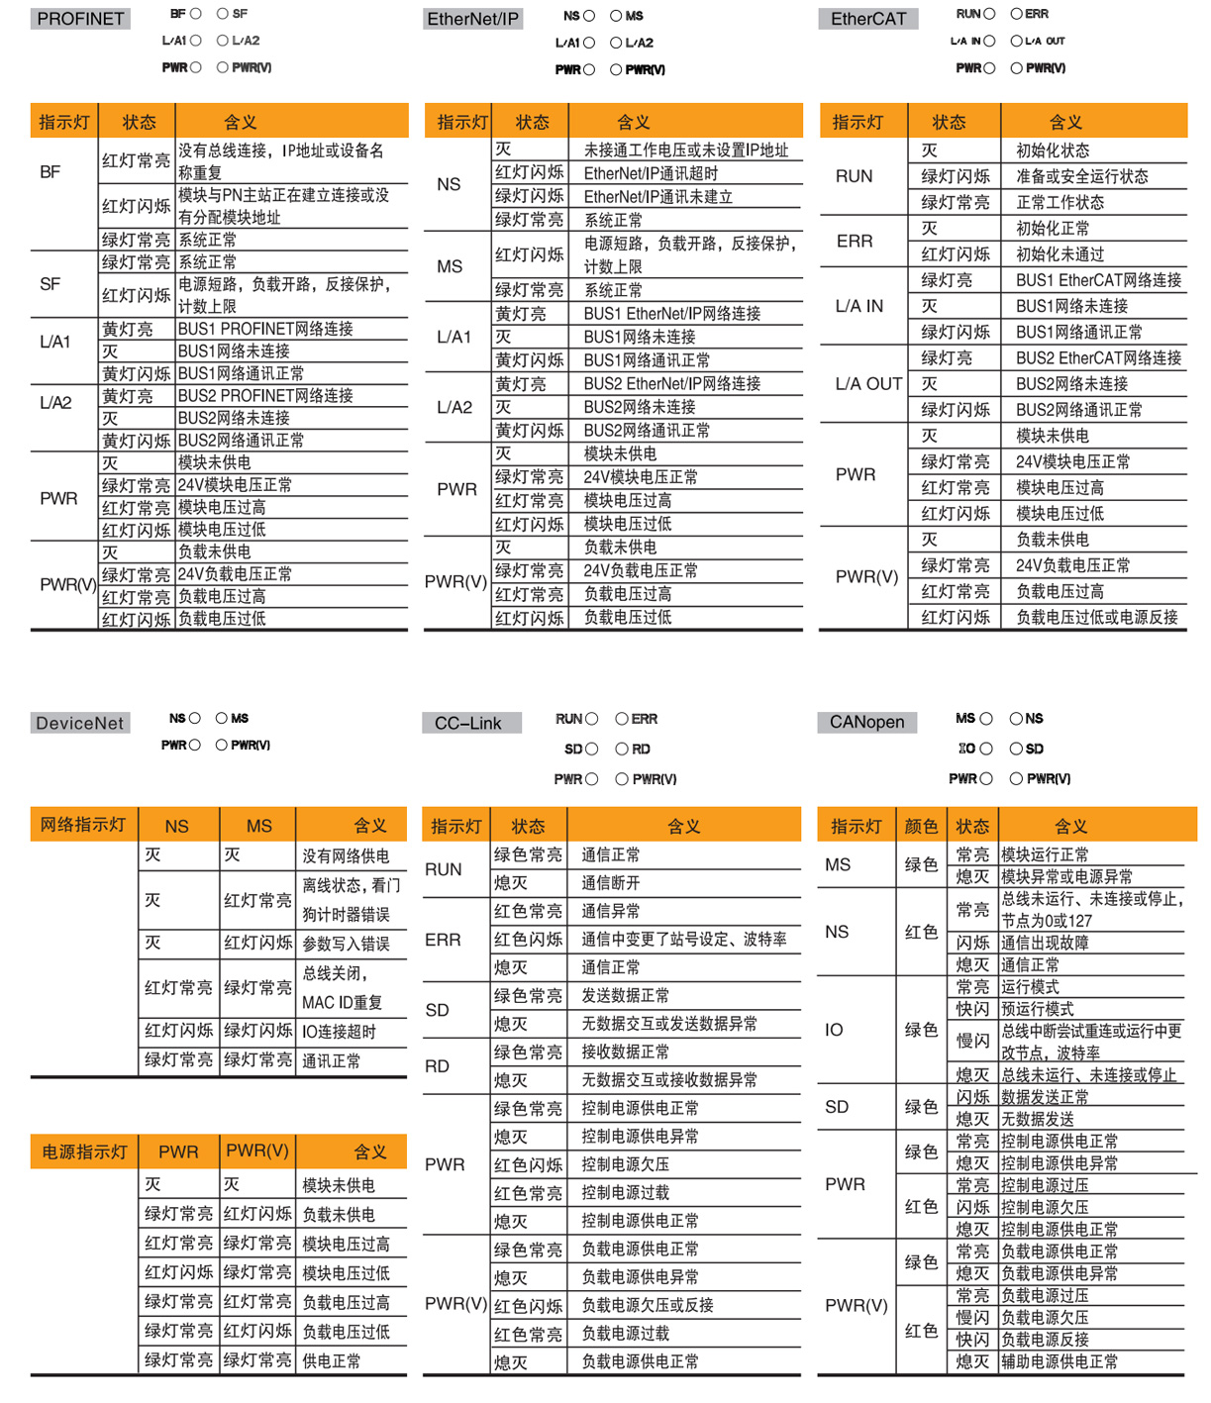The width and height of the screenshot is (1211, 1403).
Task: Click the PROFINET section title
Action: [x=80, y=19]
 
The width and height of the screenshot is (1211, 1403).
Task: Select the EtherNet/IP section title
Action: [x=472, y=19]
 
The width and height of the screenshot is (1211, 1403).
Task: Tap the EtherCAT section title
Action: [x=868, y=19]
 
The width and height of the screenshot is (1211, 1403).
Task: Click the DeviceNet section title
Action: [x=79, y=723]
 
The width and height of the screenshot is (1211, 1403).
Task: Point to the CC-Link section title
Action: [x=468, y=723]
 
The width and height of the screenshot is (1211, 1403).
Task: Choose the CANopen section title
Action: [x=867, y=722]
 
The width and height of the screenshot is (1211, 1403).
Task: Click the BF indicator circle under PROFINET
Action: [x=196, y=14]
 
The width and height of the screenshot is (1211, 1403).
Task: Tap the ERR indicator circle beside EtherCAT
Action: [x=1016, y=14]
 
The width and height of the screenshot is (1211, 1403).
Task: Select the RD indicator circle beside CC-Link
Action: [x=622, y=750]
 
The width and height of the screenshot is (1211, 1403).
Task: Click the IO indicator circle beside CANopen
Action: [x=986, y=749]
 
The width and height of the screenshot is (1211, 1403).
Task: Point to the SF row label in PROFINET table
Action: [x=50, y=284]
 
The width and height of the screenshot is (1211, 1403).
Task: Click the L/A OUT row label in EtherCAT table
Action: [x=868, y=384]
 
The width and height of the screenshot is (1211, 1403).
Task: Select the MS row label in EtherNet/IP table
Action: [x=450, y=266]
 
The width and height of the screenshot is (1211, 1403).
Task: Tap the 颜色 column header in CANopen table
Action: [x=921, y=826]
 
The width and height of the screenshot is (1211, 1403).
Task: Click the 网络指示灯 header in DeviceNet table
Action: [x=83, y=825]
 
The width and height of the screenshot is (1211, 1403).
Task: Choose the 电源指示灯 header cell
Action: [x=84, y=1152]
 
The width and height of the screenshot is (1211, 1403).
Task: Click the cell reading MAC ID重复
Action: [x=342, y=1002]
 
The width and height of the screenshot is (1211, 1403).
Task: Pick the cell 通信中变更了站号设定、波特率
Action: [x=683, y=939]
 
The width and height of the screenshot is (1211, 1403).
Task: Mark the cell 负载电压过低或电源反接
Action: [x=1096, y=617]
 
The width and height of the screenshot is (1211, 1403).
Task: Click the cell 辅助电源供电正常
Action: [x=1059, y=1361]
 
